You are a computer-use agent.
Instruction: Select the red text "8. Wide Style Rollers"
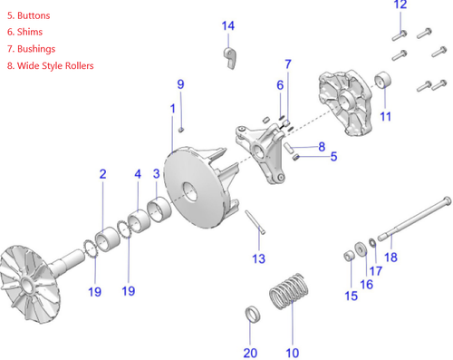point(50,65)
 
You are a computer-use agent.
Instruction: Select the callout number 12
point(400,5)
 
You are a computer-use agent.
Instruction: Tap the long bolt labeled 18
point(417,220)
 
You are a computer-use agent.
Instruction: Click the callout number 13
point(258,259)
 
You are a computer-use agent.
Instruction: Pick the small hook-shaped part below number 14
point(231,59)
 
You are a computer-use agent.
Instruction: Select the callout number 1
point(172,109)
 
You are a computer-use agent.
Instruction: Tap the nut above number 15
point(348,256)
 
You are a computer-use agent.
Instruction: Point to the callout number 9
point(180,84)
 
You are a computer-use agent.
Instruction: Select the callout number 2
point(102,173)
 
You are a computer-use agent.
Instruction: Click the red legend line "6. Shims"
point(24,33)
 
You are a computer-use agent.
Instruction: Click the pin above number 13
point(254,221)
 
